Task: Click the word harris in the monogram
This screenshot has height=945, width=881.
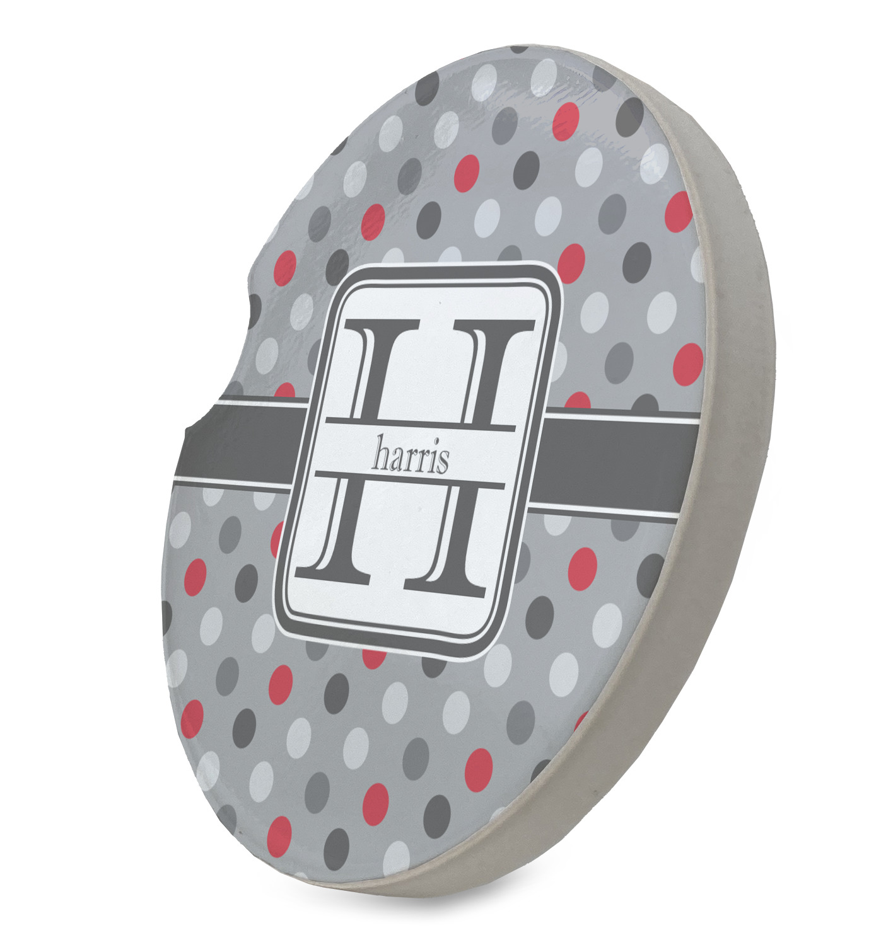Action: click(x=411, y=455)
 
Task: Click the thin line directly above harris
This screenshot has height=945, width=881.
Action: click(x=420, y=425)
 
